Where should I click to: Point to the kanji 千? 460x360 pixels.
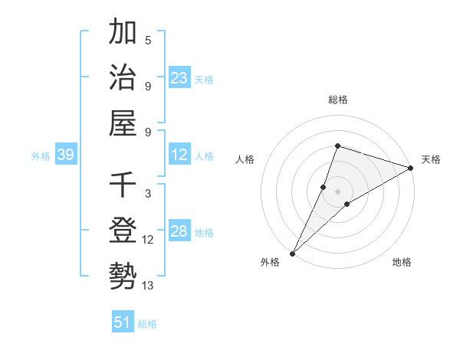point(123,186)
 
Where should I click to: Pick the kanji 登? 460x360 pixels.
point(123,231)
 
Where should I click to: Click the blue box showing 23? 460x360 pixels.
point(179,77)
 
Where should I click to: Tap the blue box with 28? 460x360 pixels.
point(179,232)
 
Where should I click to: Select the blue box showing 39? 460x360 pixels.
point(65,155)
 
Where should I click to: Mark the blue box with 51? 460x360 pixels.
point(123,322)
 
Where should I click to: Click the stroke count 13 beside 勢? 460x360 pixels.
point(147,286)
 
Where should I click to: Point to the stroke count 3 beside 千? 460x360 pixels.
point(147,194)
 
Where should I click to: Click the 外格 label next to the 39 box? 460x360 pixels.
point(41,156)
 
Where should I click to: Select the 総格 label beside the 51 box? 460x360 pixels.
point(147,324)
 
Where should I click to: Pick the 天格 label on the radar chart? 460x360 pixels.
point(431,159)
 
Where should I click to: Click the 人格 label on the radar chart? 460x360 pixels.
point(245,159)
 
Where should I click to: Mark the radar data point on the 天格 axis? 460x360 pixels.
point(411,168)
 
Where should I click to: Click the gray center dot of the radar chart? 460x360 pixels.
point(337,191)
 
